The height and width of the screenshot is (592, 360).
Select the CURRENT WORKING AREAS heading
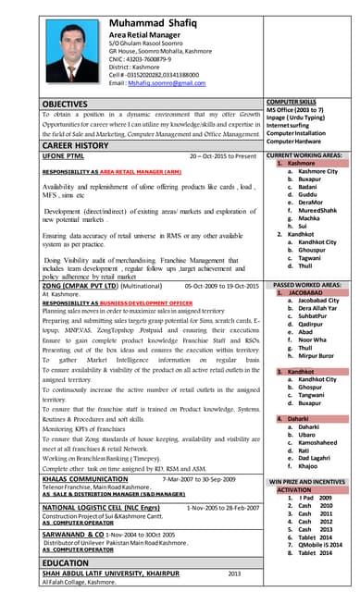(306, 155)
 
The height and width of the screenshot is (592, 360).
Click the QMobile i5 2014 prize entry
(319, 545)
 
